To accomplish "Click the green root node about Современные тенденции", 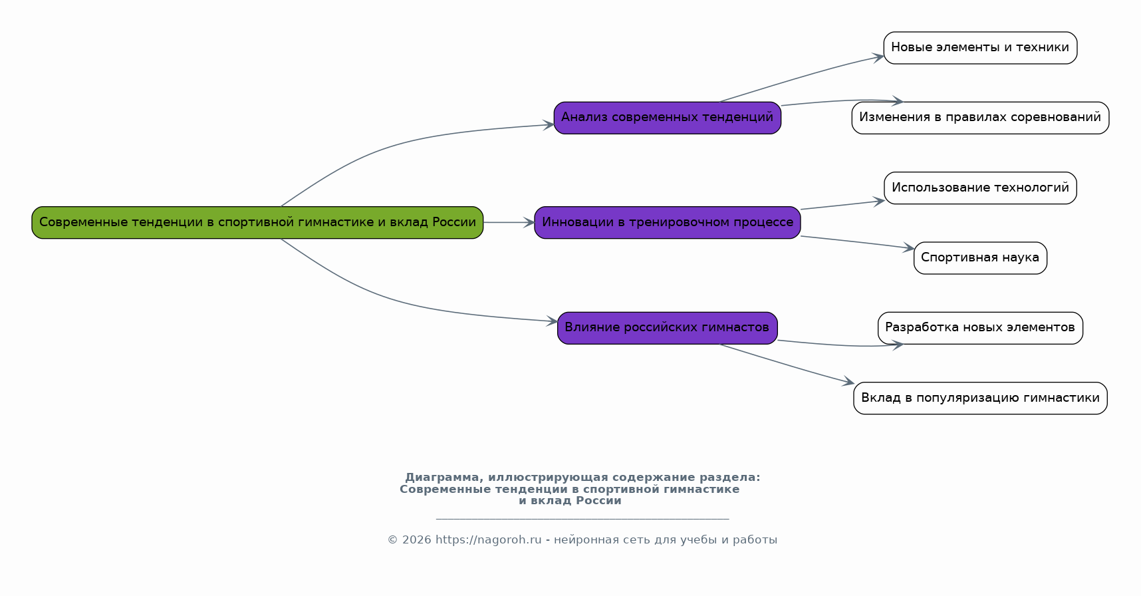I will pyautogui.click(x=257, y=222).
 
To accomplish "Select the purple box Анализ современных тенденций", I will pyautogui.click(x=667, y=118).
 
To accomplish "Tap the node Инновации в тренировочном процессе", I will pyautogui.click(x=667, y=222).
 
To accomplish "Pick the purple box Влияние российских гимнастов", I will pyautogui.click(x=667, y=327).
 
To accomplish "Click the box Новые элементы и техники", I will pyautogui.click(x=979, y=48).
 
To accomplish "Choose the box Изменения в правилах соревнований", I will pyautogui.click(x=979, y=118).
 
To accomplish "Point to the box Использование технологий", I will pyautogui.click(x=979, y=188).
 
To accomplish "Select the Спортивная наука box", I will pyautogui.click(x=979, y=257).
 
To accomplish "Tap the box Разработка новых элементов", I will pyautogui.click(x=979, y=327).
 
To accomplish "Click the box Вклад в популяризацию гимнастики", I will pyautogui.click(x=979, y=398).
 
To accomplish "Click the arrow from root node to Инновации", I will pyautogui.click(x=508, y=222).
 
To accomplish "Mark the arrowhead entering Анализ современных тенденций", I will pyautogui.click(x=549, y=124).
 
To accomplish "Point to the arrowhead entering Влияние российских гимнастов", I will pyautogui.click(x=553, y=321).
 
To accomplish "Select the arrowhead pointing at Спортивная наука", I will pyautogui.click(x=909, y=249).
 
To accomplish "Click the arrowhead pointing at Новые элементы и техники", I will pyautogui.click(x=878, y=57).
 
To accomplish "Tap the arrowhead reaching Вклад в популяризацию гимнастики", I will pyautogui.click(x=848, y=382).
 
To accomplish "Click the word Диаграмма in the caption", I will pyautogui.click(x=442, y=478).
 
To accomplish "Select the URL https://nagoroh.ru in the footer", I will pyautogui.click(x=488, y=540).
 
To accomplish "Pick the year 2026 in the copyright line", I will pyautogui.click(x=416, y=540).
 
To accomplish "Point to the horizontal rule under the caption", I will pyautogui.click(x=582, y=518).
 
